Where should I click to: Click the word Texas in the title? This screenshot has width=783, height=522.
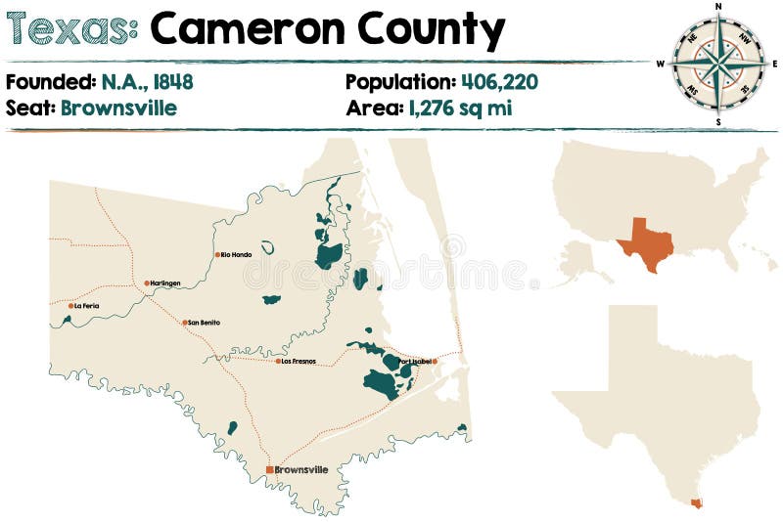(70, 30)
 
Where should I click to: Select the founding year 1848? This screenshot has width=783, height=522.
(171, 82)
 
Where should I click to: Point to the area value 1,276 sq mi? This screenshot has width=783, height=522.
(457, 108)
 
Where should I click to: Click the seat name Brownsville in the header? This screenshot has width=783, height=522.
(118, 108)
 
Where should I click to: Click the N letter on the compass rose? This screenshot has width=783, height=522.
(719, 6)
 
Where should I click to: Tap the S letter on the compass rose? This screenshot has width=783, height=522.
(719, 122)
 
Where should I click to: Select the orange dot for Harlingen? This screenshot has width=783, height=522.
(147, 283)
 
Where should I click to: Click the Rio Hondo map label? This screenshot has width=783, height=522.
(237, 255)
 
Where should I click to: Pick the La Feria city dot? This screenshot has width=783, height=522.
(70, 306)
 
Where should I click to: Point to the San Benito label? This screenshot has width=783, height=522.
(205, 323)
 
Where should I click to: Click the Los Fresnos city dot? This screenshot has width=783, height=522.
(278, 362)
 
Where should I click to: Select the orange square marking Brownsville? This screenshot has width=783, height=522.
(269, 470)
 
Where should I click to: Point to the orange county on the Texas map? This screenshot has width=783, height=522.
(696, 503)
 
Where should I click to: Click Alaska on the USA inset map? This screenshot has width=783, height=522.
(581, 262)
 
